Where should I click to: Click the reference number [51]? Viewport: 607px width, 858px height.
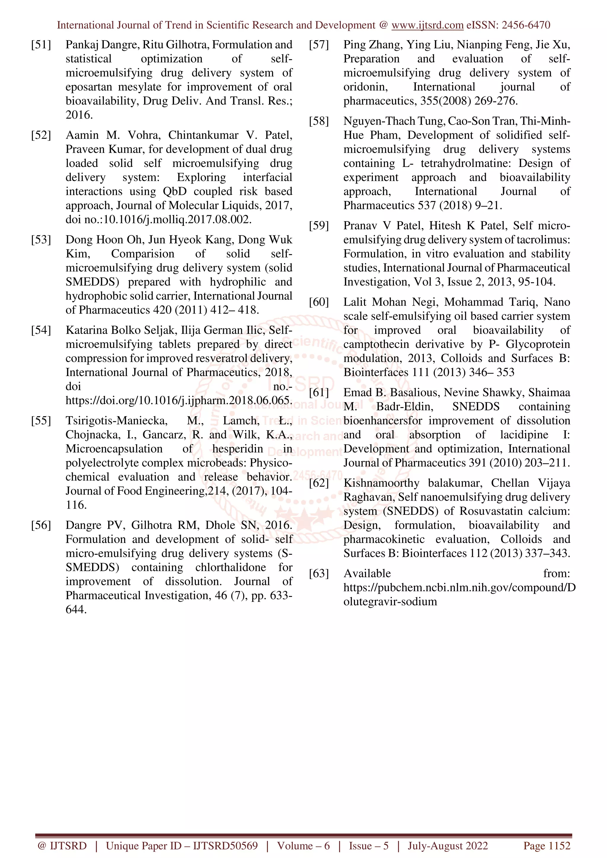pyautogui.click(x=41, y=45)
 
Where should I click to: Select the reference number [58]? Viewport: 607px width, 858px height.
pyautogui.click(x=319, y=121)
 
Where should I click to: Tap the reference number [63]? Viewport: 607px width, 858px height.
pyautogui.click(x=319, y=573)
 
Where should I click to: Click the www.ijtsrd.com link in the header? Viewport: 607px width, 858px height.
pyautogui.click(x=427, y=25)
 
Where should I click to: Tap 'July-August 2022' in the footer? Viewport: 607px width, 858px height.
pyautogui.click(x=447, y=846)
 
